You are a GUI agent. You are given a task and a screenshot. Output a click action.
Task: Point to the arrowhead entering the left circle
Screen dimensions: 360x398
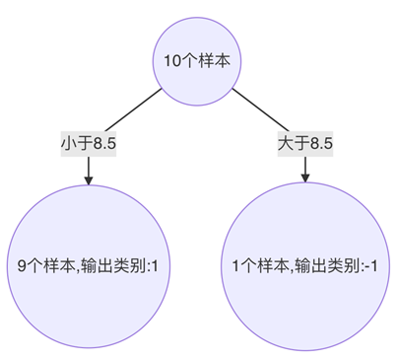[x=89, y=180]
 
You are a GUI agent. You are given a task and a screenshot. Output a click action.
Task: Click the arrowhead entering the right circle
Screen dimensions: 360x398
[x=305, y=180]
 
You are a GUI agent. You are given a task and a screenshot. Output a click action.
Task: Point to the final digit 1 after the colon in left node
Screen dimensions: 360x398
[x=155, y=265]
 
